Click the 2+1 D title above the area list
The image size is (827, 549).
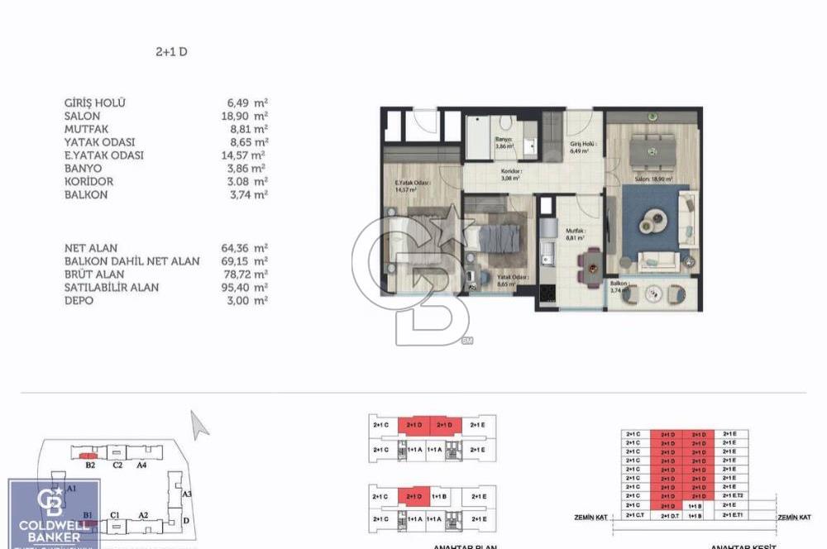pos(172,51)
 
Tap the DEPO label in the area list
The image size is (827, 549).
pos(79,301)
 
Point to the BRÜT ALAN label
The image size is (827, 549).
pos(94,274)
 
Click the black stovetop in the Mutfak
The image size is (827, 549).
pos(547,293)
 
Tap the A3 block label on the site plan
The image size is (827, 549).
pos(187,494)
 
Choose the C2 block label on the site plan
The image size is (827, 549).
pos(117,465)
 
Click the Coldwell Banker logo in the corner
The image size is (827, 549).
pos(55,513)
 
